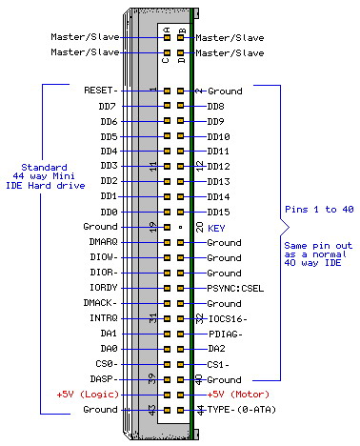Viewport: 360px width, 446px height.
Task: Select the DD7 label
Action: coord(107,106)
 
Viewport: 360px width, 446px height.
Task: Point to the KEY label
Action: coord(216,228)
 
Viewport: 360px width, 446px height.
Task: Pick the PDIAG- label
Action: coord(226,334)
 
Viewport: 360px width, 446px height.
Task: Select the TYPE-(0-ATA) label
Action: coord(238,409)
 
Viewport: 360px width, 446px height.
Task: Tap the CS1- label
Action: coord(218,363)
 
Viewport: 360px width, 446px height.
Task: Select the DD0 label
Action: coord(107,212)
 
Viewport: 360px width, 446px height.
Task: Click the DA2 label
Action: coord(215,349)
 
